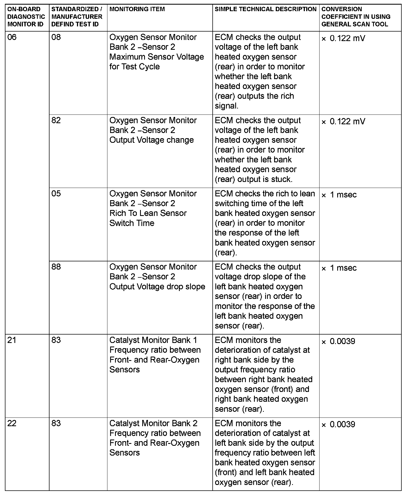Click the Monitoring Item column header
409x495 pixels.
coord(137,9)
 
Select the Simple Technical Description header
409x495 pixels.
coord(265,9)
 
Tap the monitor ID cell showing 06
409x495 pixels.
coord(12,37)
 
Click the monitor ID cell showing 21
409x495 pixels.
coord(12,340)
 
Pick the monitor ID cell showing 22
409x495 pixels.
coord(12,423)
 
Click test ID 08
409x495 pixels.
coord(56,37)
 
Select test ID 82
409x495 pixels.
coord(56,120)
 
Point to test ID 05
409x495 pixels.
coord(56,194)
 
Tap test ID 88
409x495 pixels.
coord(56,267)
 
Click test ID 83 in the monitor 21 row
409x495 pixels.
coord(56,340)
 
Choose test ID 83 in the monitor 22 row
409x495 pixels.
coord(56,423)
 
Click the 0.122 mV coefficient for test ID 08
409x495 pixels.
coord(343,38)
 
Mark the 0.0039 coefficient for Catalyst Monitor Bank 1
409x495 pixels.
coord(339,341)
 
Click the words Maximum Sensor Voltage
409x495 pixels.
coord(156,57)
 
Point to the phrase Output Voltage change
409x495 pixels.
coord(151,140)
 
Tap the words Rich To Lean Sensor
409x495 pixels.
coord(148,213)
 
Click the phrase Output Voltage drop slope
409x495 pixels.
coord(157,287)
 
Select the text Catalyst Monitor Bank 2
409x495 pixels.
coord(153,423)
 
